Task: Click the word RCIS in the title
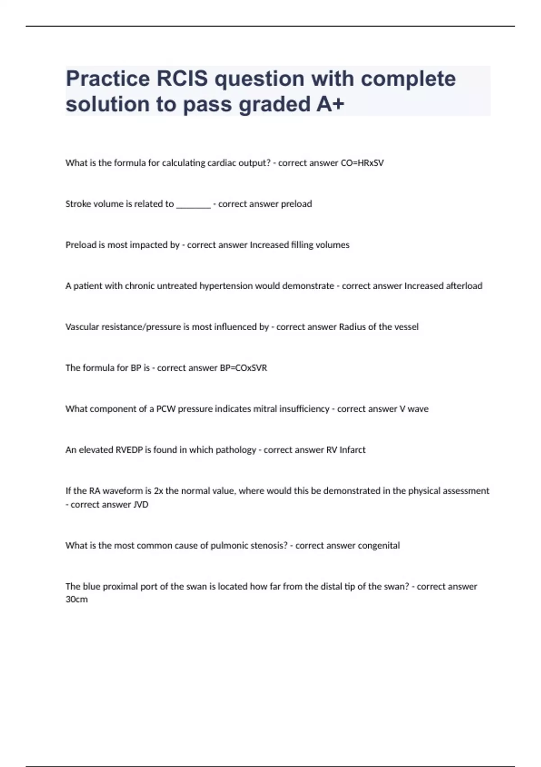coord(182,79)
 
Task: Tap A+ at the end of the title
coord(330,105)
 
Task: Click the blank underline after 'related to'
coord(193,204)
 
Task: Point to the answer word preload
coord(296,204)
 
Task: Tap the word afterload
coord(464,286)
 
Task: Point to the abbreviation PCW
coord(166,409)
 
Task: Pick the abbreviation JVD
coord(141,505)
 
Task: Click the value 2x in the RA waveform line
coord(158,491)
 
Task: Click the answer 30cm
coord(77,600)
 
